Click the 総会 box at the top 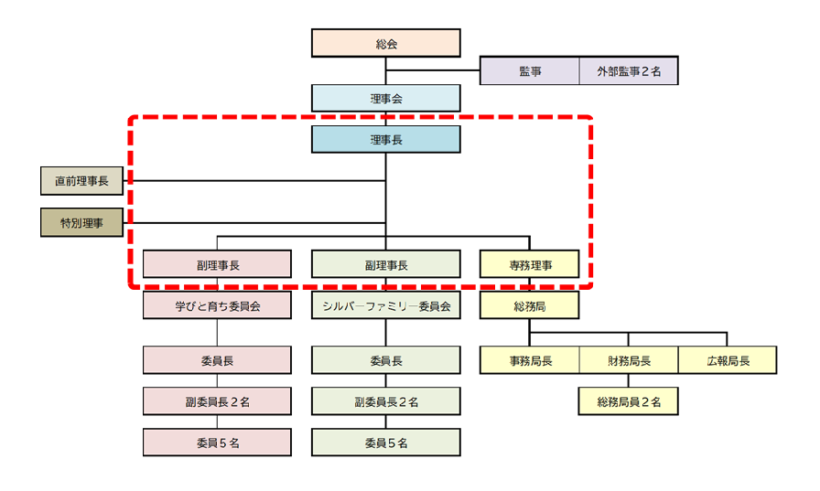385,43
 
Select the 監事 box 530,71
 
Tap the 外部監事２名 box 629,71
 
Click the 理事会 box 385,98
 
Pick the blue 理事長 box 385,139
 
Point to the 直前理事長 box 81,181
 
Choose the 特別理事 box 81,222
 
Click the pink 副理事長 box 217,264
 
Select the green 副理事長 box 385,264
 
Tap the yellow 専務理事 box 530,264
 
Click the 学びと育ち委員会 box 217,305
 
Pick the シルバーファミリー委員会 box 385,305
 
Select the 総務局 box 530,305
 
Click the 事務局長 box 530,360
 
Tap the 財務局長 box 629,360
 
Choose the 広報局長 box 728,360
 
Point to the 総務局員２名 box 629,401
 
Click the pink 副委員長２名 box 217,401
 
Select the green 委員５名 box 385,443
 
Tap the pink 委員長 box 217,360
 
